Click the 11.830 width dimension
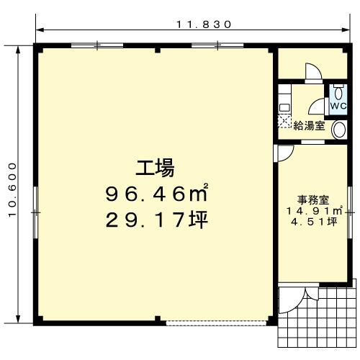coord(204,24)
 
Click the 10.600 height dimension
coord(12,190)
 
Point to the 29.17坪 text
coord(156,220)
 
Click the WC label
coord(338,106)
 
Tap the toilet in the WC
coord(338,92)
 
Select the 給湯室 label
coord(310,125)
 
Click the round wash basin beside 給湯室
coord(339,130)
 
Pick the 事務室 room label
coord(313,199)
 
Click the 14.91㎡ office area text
coord(314,211)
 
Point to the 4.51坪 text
coord(314,222)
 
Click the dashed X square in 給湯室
coord(284,122)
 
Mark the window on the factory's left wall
coord(35,212)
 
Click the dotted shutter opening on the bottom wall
coord(216,323)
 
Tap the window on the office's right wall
coord(350,212)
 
